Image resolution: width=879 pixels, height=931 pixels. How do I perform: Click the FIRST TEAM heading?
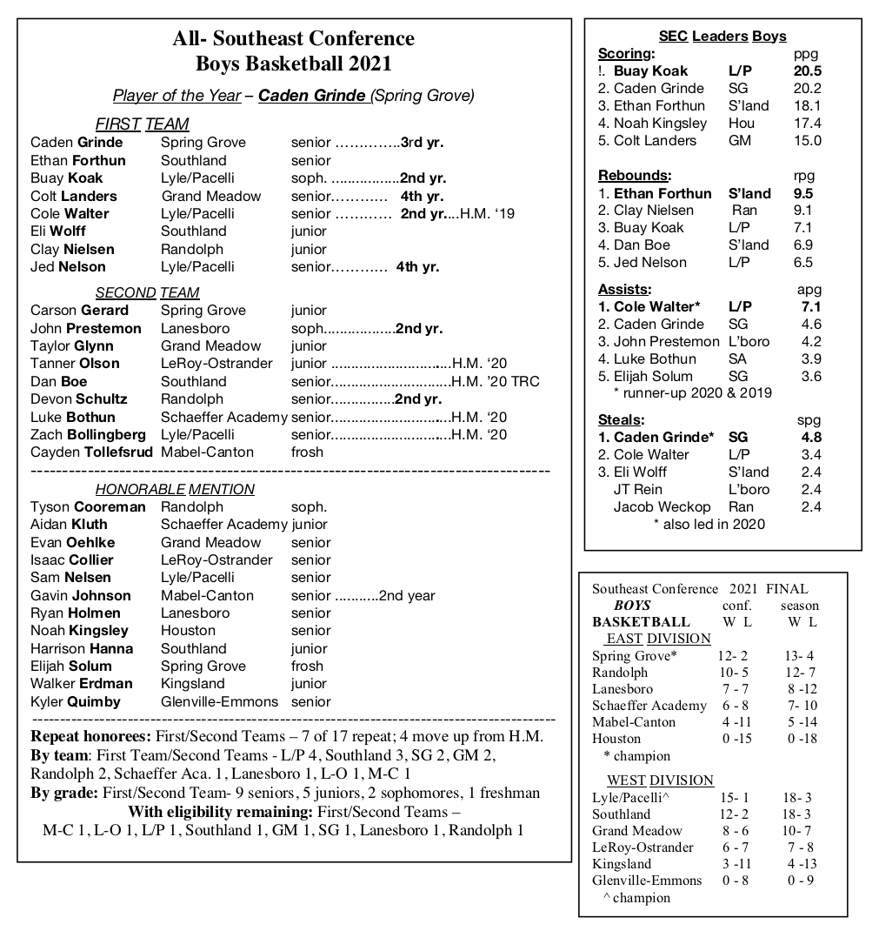[x=142, y=124]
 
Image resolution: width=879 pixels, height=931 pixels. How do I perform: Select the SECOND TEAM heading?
[x=147, y=292]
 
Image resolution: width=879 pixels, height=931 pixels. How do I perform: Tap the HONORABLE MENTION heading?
[x=175, y=489]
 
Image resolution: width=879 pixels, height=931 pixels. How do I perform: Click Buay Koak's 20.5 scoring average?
[x=807, y=71]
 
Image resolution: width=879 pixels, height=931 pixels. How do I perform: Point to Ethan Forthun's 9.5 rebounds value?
[x=802, y=193]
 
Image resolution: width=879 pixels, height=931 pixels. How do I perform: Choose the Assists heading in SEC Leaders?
[x=623, y=289]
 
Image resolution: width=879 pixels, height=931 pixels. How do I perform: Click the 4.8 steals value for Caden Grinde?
[x=810, y=437]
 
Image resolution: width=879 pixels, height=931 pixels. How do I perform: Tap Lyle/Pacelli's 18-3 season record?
[x=796, y=798]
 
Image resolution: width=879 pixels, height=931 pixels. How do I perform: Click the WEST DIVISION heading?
[x=660, y=780]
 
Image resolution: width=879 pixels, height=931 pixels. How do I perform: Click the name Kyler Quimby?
[x=76, y=701]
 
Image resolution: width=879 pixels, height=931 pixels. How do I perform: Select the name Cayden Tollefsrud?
[x=91, y=452]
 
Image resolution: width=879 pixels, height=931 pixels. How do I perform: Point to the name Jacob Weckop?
[x=662, y=506]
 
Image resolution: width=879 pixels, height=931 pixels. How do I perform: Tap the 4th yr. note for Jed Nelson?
[x=416, y=266]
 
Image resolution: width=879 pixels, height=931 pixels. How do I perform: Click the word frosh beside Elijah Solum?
[x=306, y=666]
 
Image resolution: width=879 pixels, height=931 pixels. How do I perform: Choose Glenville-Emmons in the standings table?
[x=646, y=881]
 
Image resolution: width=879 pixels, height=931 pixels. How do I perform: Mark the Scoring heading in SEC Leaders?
[x=625, y=54]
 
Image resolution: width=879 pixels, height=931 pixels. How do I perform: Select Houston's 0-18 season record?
[x=802, y=739]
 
